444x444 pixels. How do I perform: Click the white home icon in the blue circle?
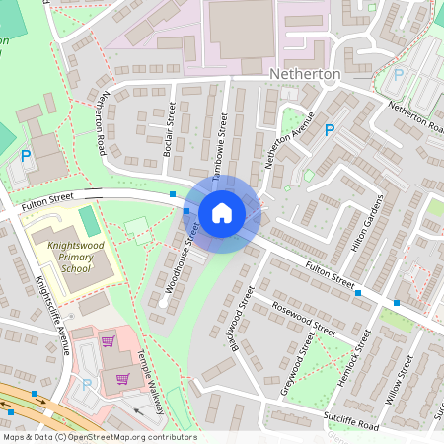click(x=222, y=213)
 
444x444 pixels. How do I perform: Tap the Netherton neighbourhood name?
click(x=305, y=74)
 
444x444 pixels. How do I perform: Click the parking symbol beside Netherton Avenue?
click(x=330, y=129)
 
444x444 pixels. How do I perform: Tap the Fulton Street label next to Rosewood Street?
click(x=330, y=275)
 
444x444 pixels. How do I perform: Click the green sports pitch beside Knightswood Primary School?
click(x=90, y=221)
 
